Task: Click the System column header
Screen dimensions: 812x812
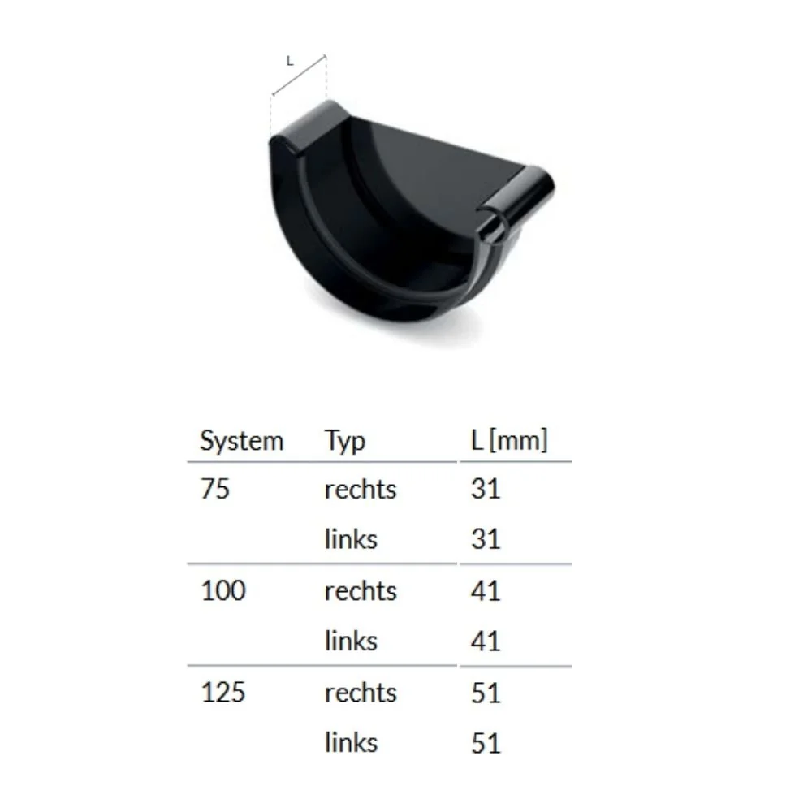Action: coord(241,441)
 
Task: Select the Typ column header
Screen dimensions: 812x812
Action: coord(345,441)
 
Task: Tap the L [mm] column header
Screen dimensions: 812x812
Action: coord(509,441)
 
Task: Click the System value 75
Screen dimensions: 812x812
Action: coord(215,490)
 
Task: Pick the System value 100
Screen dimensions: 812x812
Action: coord(222,590)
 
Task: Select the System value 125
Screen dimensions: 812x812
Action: coord(222,693)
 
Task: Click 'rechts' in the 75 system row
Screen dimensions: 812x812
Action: coord(361,490)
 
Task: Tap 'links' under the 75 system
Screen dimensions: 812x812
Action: coord(351,538)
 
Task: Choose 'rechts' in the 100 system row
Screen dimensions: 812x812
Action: coord(361,590)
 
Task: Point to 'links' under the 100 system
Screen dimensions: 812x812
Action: coord(351,641)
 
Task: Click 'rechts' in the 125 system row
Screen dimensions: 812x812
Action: coord(361,693)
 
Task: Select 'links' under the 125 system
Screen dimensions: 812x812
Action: coord(351,742)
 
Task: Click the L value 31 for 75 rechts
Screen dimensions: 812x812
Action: coord(486,490)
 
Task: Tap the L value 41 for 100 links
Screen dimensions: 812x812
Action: coord(486,641)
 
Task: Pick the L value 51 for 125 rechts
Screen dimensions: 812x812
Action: coord(486,693)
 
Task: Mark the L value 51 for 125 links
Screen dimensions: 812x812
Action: coord(486,743)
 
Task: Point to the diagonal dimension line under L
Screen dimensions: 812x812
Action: coord(300,76)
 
